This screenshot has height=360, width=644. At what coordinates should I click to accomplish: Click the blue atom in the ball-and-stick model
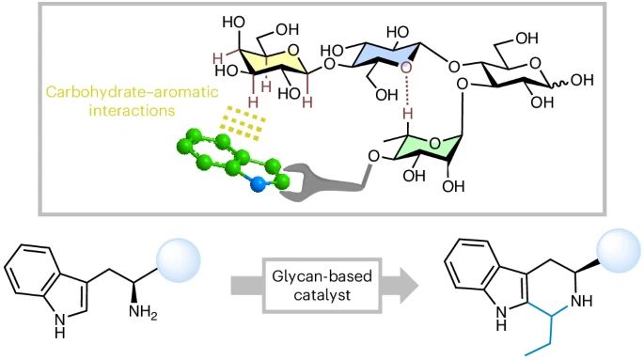(x=257, y=184)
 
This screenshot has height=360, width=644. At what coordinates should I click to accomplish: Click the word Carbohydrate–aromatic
(x=100, y=95)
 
